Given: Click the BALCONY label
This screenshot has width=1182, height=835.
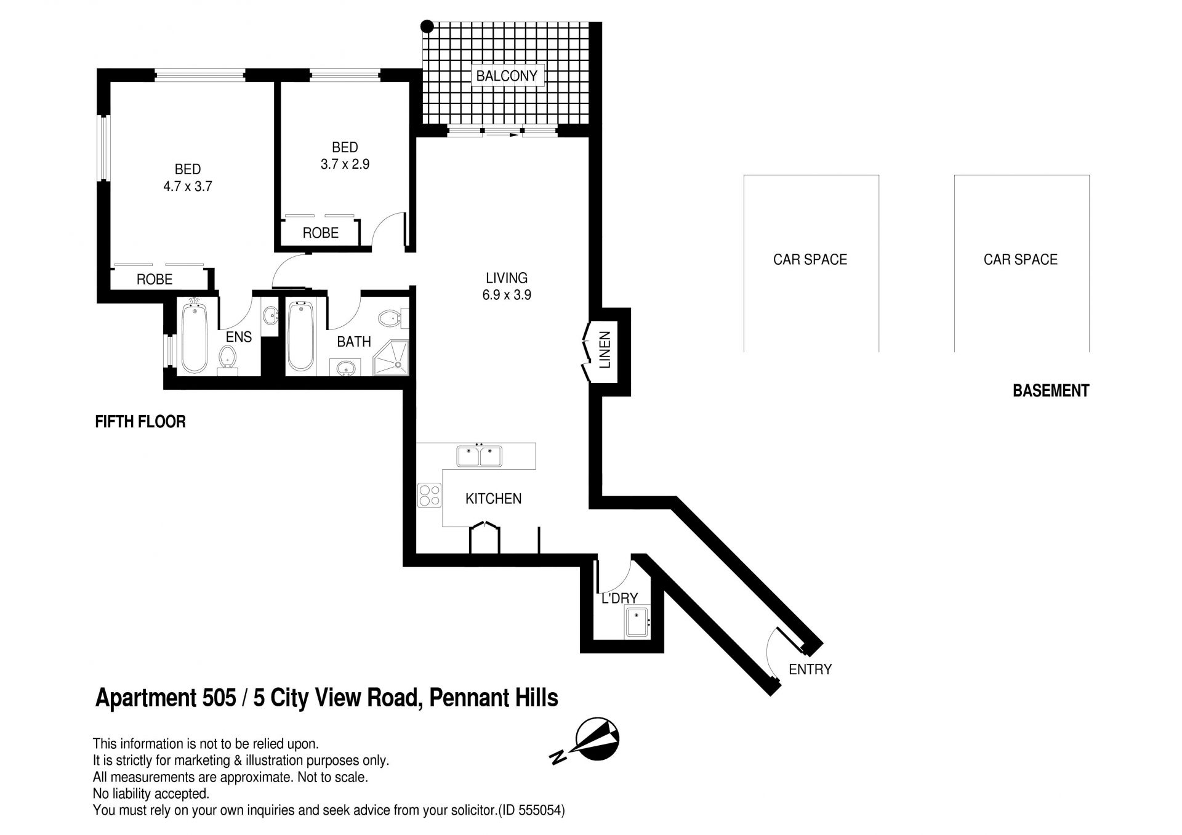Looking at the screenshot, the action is tap(507, 76).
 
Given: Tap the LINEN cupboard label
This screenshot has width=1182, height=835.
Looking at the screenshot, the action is tap(605, 350).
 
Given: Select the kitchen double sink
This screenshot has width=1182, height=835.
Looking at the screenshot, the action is tap(480, 456).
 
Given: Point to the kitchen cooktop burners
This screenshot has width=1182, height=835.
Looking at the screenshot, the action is tap(430, 496).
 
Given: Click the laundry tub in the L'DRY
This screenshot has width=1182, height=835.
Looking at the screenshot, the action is tap(636, 622).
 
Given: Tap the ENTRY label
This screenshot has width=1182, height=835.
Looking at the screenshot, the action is tap(810, 669).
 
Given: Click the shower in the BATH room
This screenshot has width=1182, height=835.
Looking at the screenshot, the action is tap(391, 358).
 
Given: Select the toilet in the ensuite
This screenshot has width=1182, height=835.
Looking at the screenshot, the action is tap(228, 358).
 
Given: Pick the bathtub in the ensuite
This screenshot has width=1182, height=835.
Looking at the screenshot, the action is tap(195, 336).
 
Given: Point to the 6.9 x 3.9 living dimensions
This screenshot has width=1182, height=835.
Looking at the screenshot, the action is tap(507, 295).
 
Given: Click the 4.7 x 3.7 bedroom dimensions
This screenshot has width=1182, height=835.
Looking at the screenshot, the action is tap(188, 186).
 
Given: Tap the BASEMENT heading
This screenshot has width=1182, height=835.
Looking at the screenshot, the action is tap(1051, 390).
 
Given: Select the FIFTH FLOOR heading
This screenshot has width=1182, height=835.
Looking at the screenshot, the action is tap(140, 422).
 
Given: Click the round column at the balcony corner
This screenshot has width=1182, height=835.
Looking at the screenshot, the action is tap(427, 26).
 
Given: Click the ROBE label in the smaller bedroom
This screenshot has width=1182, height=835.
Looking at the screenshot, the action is tap(321, 233).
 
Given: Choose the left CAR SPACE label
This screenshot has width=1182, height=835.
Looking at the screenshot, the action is tap(810, 259).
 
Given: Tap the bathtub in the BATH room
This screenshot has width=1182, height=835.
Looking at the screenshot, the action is tap(301, 336).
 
